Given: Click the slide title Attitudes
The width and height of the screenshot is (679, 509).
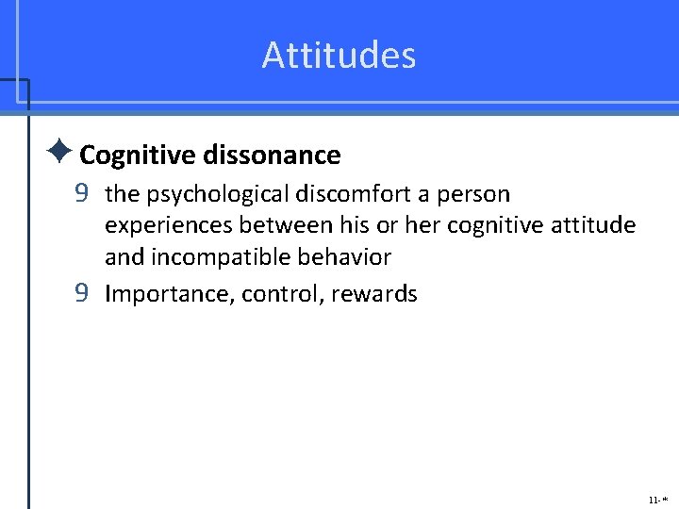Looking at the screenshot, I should [x=339, y=55].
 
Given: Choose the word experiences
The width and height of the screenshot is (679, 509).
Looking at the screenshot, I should [x=169, y=225].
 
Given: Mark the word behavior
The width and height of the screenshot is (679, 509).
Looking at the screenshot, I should [x=345, y=256].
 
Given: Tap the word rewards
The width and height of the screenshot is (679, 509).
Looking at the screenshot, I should [x=375, y=294].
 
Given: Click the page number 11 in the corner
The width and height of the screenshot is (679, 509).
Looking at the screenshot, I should [x=653, y=498].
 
